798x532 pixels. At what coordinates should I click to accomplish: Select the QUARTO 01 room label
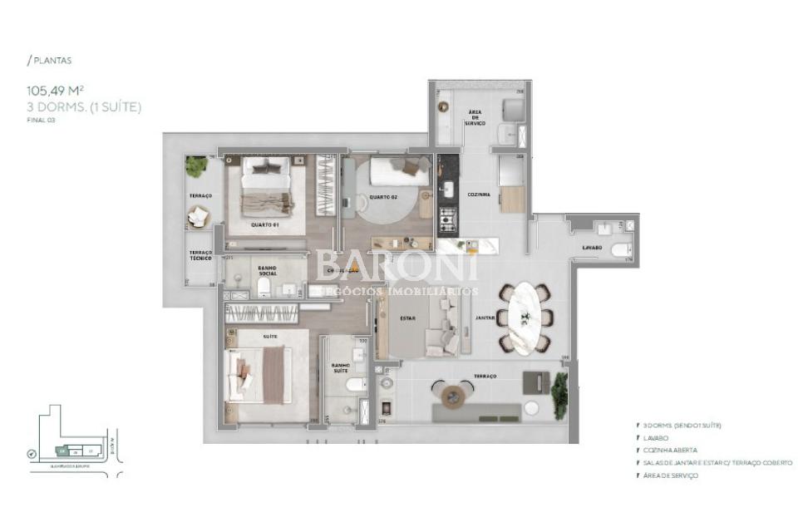click(265, 224)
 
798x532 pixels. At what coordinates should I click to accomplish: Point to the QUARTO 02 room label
click(384, 197)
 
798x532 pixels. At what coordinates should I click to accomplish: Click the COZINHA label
click(478, 195)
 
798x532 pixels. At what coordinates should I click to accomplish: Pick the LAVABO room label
click(591, 248)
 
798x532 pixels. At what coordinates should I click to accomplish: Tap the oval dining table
click(525, 316)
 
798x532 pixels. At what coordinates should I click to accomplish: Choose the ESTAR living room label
click(407, 317)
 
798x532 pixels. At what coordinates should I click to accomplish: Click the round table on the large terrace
click(454, 394)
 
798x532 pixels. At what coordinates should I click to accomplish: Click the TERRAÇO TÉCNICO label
click(200, 256)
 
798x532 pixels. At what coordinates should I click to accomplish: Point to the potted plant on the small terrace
click(197, 167)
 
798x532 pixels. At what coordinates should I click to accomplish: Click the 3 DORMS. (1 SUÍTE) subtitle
click(84, 106)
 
